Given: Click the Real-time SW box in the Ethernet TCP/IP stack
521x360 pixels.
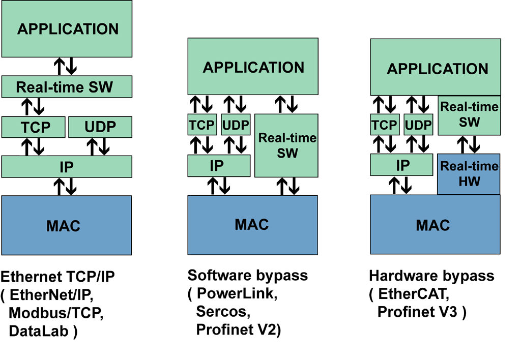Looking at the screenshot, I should (x=67, y=86).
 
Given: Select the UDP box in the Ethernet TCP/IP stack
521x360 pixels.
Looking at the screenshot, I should (x=100, y=127).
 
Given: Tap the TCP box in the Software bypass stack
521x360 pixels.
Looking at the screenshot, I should (x=202, y=125).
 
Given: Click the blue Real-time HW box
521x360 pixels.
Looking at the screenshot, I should (x=469, y=174).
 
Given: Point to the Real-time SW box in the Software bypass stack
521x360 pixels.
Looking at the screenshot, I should (x=286, y=145).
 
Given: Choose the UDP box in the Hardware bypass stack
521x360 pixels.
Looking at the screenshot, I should (x=418, y=125).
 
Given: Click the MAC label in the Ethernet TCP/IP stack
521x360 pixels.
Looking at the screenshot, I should (x=66, y=225).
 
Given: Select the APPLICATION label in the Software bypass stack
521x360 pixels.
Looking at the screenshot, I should (x=253, y=68).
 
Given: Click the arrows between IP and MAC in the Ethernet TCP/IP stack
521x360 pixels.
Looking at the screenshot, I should (x=66, y=186).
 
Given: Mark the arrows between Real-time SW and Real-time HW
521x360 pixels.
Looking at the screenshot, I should (x=469, y=144).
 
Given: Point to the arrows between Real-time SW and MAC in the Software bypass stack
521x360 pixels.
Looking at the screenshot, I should (x=286, y=186).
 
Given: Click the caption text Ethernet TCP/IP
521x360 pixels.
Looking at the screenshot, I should (x=58, y=277).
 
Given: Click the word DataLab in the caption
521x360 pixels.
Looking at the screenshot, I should (x=40, y=331).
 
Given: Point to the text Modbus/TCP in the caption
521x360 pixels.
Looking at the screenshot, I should (x=56, y=313).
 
